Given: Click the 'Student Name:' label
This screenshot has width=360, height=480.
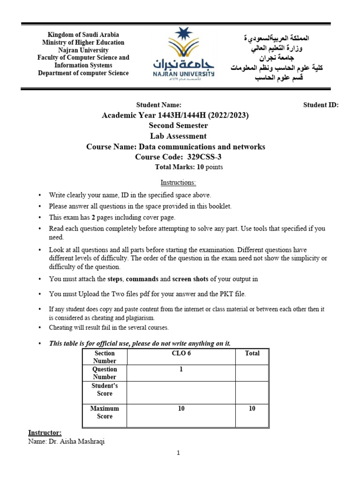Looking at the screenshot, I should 158,105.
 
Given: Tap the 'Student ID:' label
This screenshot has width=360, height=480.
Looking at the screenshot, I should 321,105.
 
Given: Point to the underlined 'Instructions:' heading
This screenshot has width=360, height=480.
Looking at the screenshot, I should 178,182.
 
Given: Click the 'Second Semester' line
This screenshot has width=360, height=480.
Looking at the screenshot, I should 178,126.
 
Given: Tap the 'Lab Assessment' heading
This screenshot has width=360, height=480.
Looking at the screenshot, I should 178,136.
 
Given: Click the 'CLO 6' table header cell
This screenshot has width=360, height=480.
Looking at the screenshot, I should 181,353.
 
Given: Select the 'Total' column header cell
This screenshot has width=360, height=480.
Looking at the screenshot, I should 252,353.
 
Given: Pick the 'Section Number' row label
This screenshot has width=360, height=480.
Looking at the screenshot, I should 105,357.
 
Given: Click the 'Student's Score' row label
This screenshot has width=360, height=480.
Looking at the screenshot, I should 105,390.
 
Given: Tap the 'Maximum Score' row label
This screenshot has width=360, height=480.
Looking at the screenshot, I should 105,412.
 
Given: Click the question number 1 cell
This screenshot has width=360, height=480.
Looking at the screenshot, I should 181,369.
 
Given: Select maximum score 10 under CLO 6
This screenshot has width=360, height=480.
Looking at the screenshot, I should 181,409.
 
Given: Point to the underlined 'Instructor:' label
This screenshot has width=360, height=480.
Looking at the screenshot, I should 45,433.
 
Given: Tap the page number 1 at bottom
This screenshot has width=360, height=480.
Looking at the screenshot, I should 179,453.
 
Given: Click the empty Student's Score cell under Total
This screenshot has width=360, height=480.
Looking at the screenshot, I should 252,392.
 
